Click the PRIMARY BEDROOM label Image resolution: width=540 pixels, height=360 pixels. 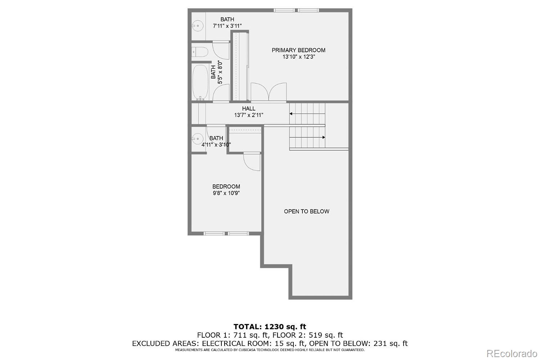298,50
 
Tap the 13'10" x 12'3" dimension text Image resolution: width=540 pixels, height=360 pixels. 299,57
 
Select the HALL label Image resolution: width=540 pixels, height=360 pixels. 248,108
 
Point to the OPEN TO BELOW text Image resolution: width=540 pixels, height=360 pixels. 306,211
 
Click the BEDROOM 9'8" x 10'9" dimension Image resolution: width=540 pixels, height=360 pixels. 226,193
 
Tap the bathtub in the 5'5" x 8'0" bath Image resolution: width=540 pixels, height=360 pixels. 200,82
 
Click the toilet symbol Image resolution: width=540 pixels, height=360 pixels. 200,51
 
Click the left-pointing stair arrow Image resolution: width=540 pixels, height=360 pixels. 307,113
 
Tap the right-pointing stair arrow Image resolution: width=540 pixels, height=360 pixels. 307,138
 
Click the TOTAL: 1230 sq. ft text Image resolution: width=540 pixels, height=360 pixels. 270,327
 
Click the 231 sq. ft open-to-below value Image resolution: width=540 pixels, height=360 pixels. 391,343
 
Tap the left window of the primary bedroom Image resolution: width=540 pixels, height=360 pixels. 284,10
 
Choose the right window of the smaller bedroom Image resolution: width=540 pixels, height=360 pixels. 238,233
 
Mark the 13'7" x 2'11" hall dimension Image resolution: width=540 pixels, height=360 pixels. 248,115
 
